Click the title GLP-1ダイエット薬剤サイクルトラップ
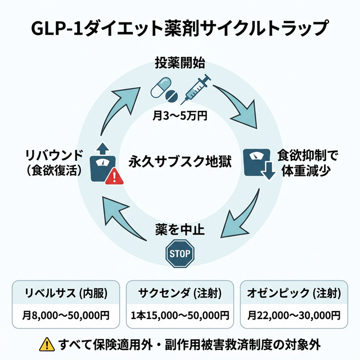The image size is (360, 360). pos(180,26)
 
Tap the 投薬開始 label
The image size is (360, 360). pos(180,62)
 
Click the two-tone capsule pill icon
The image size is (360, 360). pos(162,87)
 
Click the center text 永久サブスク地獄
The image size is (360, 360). pos(180,161)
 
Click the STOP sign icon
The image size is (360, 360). pos(180,254)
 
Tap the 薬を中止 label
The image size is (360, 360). pos(180,230)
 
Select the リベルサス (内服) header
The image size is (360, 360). pos(66,292)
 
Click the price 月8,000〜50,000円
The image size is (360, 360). pos(66,316)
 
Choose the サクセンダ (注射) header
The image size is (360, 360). pos(180,292)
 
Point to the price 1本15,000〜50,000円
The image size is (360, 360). pos(180,316)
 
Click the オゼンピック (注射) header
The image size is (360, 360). pos(294,292)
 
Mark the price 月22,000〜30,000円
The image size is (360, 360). pos(294,316)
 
